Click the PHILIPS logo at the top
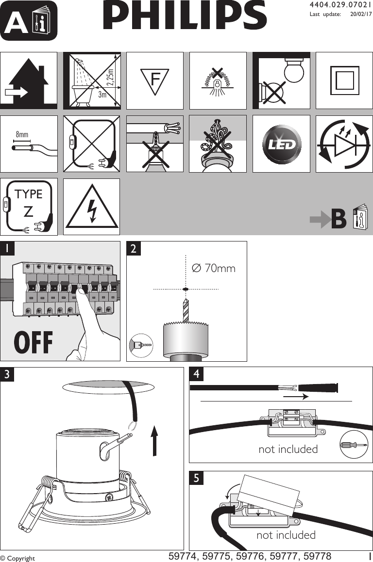(185, 16)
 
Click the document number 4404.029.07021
(340, 5)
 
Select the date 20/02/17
(361, 14)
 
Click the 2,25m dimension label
(110, 78)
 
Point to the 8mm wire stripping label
(22, 134)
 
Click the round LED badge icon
(281, 144)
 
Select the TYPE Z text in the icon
(29, 202)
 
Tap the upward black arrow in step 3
(154, 441)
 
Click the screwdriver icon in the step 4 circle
(354, 444)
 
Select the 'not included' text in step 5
(286, 535)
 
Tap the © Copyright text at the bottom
(18, 558)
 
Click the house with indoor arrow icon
(28, 80)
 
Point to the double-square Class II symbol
(344, 80)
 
